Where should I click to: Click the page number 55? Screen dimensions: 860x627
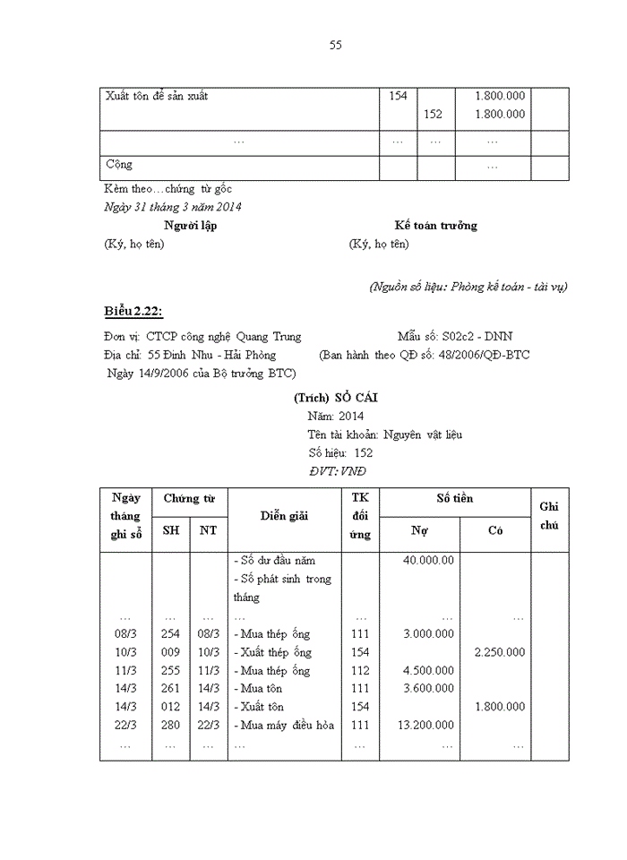(x=335, y=45)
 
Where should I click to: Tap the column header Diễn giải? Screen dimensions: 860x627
(x=284, y=515)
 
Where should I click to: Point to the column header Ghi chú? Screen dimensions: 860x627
(x=549, y=516)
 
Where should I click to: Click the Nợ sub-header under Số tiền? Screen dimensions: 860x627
(x=419, y=530)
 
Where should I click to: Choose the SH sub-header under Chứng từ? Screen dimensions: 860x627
(x=170, y=530)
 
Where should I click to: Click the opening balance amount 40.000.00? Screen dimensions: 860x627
(x=428, y=561)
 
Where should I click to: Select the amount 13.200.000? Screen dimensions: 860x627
(x=425, y=726)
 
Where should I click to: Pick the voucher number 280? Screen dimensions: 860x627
(x=170, y=726)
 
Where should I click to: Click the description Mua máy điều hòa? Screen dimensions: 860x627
(x=284, y=726)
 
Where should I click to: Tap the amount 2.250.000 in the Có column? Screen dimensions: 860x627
(x=500, y=652)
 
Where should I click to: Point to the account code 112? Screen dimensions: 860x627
(x=360, y=671)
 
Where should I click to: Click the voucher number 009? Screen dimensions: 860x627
(x=170, y=652)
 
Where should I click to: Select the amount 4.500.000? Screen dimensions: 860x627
(x=428, y=671)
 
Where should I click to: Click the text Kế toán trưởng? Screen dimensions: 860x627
(x=435, y=226)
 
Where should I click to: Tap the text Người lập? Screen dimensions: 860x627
(x=190, y=226)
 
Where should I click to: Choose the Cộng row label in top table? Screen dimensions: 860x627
(x=119, y=165)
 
